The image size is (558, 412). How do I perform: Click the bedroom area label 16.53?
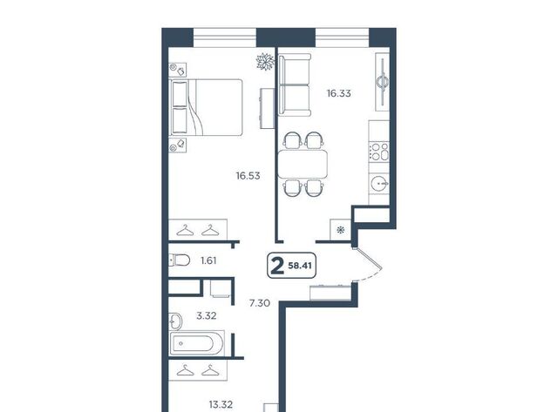pos(248,176)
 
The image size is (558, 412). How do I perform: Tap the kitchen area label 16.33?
pos(339,93)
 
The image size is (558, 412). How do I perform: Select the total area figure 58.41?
pos(300,266)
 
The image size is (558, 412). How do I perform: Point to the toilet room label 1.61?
pos(208,261)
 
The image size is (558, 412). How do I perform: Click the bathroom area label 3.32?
pos(207,315)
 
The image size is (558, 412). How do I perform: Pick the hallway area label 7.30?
pos(260,303)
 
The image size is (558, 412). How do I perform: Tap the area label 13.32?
pos(221,404)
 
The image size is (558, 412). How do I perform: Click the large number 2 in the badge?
pos(277,267)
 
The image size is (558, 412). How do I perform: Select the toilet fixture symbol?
pos(180,260)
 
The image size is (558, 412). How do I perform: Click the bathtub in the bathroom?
pos(197,344)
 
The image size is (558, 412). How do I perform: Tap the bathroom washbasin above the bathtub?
pos(174,321)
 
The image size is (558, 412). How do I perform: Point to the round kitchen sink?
pos(379,184)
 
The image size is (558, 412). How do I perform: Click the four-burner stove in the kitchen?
pos(379,152)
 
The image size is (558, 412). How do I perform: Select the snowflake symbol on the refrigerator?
pos(341,230)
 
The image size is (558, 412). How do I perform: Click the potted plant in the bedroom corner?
pos(265,62)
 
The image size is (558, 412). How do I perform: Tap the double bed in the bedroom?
pos(207,107)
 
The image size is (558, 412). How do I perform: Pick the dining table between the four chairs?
pos(303,165)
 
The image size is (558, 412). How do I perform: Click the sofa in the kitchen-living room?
pos(295,85)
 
